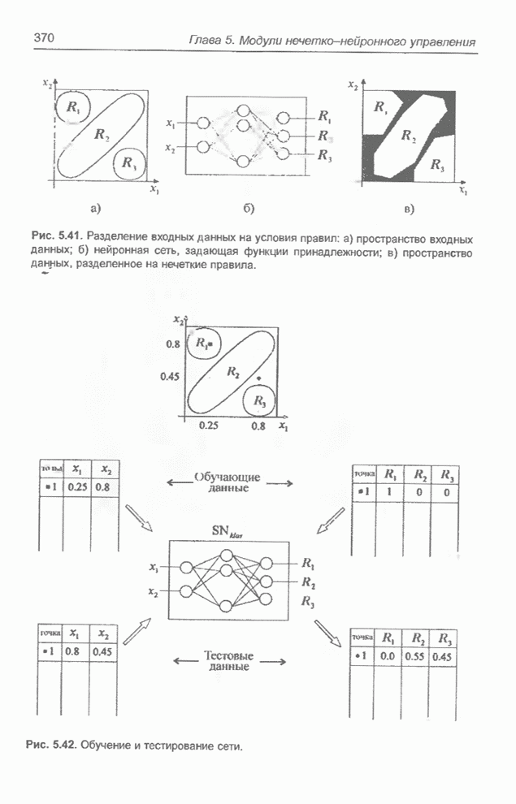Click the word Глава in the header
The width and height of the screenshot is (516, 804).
(206, 41)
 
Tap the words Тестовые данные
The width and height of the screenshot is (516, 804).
(228, 660)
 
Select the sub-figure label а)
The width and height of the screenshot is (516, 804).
(96, 209)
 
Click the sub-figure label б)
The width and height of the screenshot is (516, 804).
(248, 209)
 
